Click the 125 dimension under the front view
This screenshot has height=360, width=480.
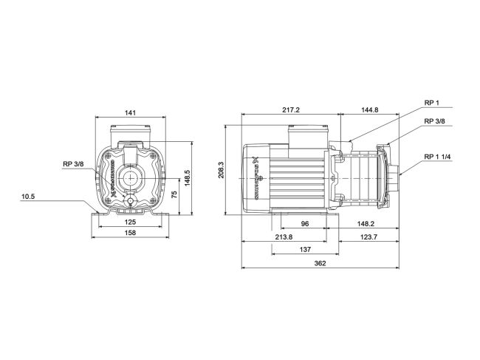pyautogui.click(x=129, y=221)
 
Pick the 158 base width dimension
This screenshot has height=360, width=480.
pyautogui.click(x=129, y=233)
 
